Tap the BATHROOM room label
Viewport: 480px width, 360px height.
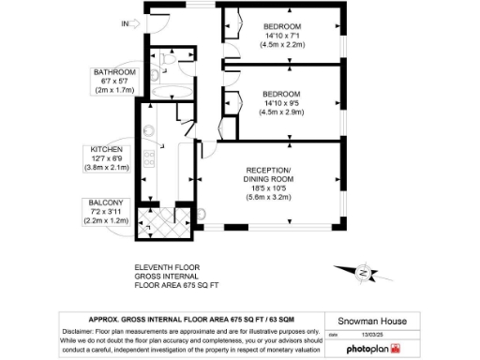[112, 72]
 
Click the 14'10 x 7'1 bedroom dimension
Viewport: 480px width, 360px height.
[281, 36]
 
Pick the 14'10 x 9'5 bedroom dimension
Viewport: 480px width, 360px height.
[281, 104]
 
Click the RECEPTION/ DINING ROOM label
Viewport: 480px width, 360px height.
[269, 174]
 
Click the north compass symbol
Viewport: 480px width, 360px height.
[363, 272]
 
